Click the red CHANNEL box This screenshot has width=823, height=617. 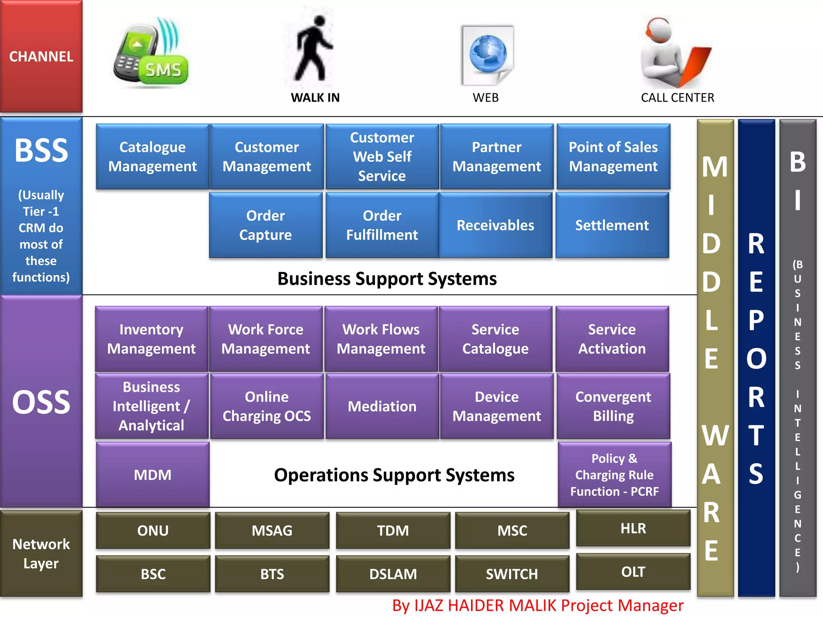pyautogui.click(x=41, y=56)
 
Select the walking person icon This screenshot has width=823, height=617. pyautogui.click(x=313, y=48)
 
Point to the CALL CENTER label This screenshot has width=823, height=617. pyautogui.click(x=677, y=98)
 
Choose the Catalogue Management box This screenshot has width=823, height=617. pyautogui.click(x=152, y=157)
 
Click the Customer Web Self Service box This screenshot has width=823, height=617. pyautogui.click(x=382, y=157)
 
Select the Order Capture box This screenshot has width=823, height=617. pyautogui.click(x=266, y=225)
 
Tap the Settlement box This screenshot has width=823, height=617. pyautogui.click(x=612, y=225)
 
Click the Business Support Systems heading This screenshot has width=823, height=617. pyautogui.click(x=387, y=279)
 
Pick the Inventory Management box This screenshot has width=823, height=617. pyautogui.click(x=151, y=339)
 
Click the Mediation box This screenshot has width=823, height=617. pyautogui.click(x=382, y=406)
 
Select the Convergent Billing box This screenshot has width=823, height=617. pyautogui.click(x=613, y=406)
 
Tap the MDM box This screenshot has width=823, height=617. pyautogui.click(x=152, y=475)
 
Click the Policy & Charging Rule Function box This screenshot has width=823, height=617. pyautogui.click(x=614, y=475)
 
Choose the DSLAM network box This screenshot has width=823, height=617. pyautogui.click(x=393, y=574)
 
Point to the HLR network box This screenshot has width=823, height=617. pyautogui.click(x=633, y=528)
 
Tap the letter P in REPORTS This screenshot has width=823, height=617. pyautogui.click(x=756, y=321)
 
